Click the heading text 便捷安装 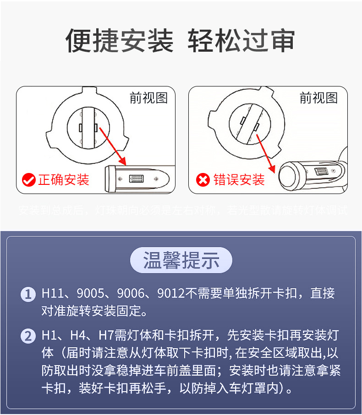120,41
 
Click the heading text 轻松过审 241,41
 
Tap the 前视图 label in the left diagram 148,98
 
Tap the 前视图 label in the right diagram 318,98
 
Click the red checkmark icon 29,180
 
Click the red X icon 203,180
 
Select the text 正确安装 63,180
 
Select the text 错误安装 239,180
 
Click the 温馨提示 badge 181,260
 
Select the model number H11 51,294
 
